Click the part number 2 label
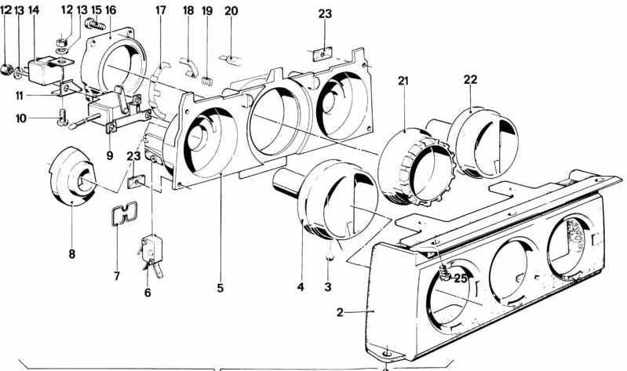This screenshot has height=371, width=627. (340, 313)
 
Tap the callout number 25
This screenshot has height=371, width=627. (461, 278)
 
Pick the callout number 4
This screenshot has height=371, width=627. (300, 287)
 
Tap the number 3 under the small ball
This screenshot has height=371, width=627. (328, 288)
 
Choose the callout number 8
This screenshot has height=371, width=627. (72, 253)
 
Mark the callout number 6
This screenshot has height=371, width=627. (147, 293)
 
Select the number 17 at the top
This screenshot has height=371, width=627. (161, 11)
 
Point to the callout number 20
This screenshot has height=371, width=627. (231, 11)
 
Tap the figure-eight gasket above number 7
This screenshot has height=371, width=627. (120, 213)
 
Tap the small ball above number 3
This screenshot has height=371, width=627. (331, 256)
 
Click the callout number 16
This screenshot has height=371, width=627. (110, 11)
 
